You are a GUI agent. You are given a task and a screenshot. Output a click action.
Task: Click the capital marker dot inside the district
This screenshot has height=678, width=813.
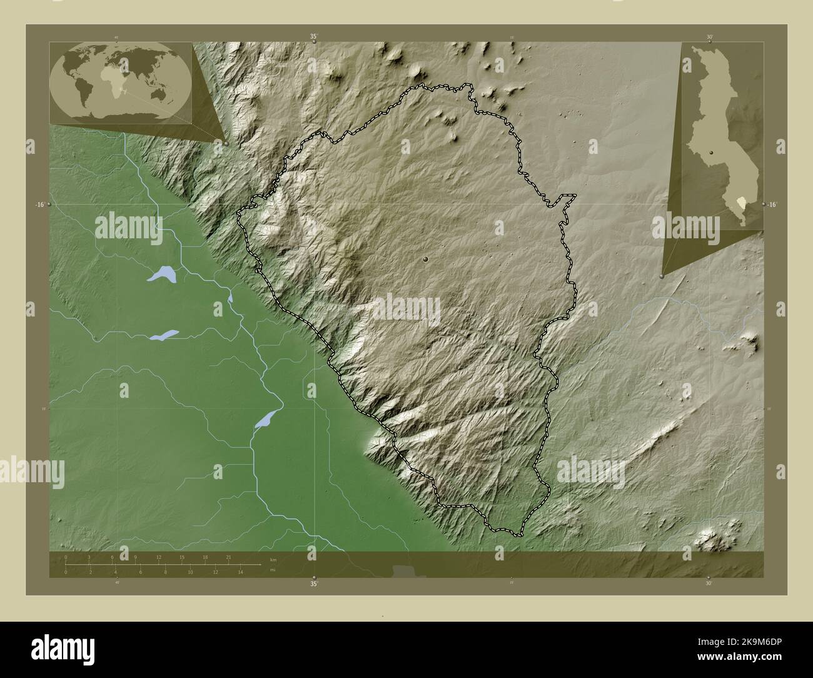pyautogui.click(x=425, y=258)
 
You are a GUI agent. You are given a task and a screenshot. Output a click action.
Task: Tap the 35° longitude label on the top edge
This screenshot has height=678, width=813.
pyautogui.click(x=313, y=37)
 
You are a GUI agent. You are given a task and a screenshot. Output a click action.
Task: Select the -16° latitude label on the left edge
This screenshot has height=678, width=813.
pyautogui.click(x=39, y=205)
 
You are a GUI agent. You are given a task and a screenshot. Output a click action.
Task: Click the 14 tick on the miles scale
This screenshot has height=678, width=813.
pyautogui.click(x=240, y=572)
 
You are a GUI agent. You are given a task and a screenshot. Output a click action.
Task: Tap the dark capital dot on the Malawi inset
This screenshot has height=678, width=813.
pyautogui.click(x=711, y=143)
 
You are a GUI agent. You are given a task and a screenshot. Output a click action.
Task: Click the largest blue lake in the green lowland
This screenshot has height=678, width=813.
pyautogui.click(x=161, y=274)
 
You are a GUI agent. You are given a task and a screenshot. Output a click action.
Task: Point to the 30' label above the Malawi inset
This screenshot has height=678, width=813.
pyautogui.click(x=709, y=37)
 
